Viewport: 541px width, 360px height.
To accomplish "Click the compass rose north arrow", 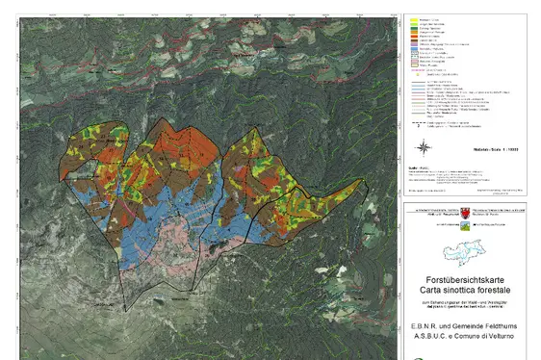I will pos(424,146).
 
